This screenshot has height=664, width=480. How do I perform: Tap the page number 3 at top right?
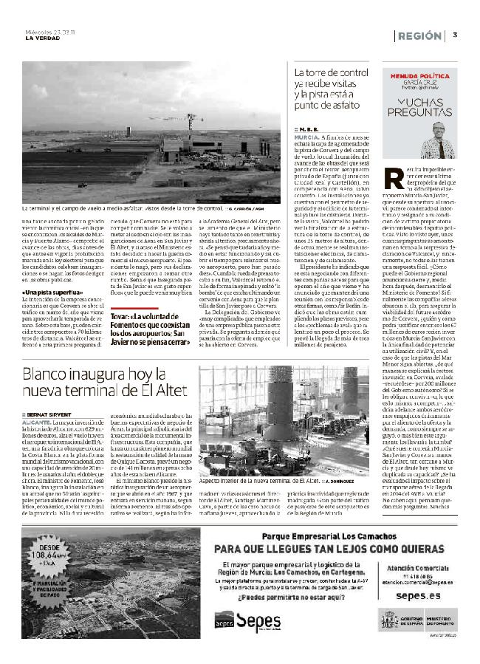click(x=455, y=35)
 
